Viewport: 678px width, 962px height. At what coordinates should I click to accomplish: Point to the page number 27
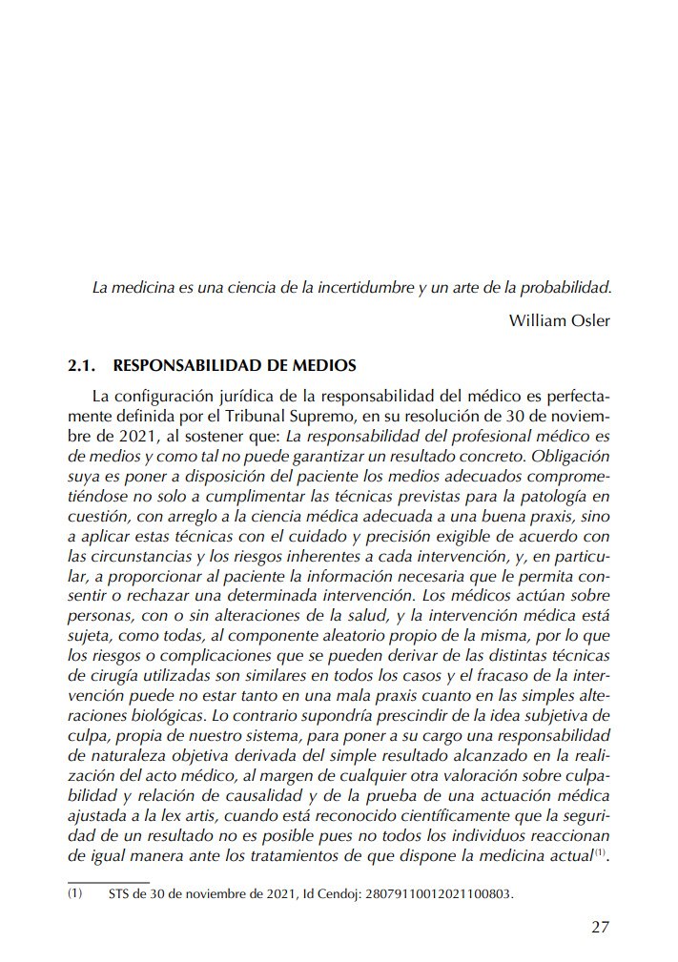click(600, 926)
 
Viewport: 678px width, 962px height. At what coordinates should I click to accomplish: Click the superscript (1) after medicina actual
click(600, 853)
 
